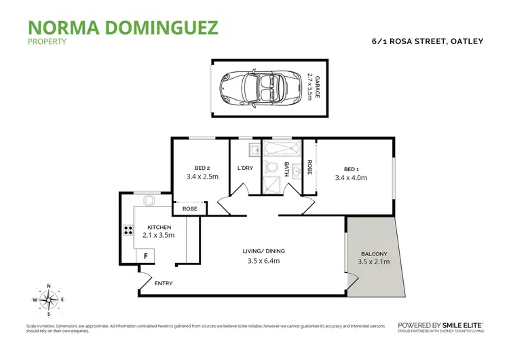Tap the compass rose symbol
pyautogui.click(x=48, y=300)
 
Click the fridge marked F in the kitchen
pyautogui.click(x=145, y=255)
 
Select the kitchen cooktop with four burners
pyautogui.click(x=127, y=230)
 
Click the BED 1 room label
pyautogui.click(x=350, y=169)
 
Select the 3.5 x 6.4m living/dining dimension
pyautogui.click(x=262, y=260)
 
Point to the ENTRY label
pyautogui.click(x=164, y=283)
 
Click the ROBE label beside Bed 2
pyautogui.click(x=189, y=209)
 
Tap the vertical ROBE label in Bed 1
pyautogui.click(x=309, y=168)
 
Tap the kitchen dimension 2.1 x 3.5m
pyautogui.click(x=159, y=235)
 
